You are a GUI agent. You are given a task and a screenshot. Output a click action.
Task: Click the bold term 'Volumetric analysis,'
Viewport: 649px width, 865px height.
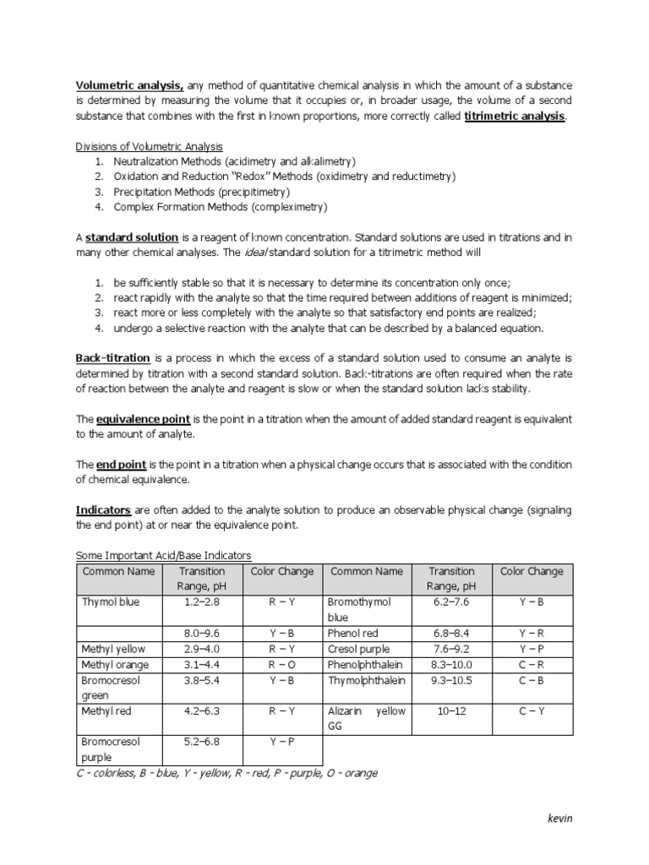point(130,84)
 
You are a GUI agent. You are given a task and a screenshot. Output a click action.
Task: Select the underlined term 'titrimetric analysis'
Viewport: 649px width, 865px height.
point(514,116)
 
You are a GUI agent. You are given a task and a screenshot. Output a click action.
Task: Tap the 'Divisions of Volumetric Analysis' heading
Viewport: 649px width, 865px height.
point(150,147)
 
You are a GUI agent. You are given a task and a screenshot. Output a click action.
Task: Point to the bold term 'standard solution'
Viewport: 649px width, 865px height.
point(131,237)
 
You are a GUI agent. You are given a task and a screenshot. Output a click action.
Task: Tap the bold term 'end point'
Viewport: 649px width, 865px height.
point(122,465)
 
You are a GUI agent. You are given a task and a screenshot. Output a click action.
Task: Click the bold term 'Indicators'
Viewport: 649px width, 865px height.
point(103,510)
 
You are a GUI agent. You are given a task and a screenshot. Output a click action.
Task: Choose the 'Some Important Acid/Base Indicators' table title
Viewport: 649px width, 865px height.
point(164,555)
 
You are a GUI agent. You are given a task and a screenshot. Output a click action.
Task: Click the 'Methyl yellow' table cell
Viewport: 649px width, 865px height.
point(113,649)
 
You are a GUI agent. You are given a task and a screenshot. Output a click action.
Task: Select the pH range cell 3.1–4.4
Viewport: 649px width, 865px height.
point(203,665)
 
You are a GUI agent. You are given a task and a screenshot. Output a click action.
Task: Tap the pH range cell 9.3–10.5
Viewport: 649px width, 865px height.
point(451,680)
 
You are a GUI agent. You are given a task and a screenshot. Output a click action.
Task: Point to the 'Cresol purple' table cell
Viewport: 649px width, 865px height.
point(360,649)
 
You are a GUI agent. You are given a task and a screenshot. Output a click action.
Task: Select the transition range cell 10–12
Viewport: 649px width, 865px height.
point(451,711)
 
